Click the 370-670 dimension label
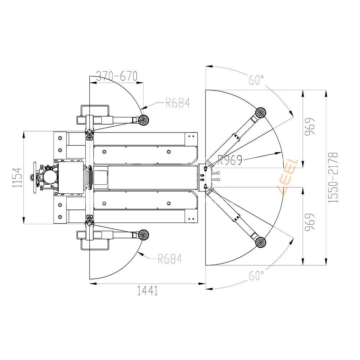coord(117,76)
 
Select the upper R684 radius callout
coord(178,103)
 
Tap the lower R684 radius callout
coord(170,259)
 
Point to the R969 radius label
coord(230,160)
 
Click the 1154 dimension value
coord(17,177)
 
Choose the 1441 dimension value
coord(147,291)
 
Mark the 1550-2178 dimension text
coord(333,177)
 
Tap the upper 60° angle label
coord(256,80)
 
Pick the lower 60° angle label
coord(256,275)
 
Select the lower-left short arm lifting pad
coord(144,235)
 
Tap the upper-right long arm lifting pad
coord(261,112)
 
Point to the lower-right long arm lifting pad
coord(261,242)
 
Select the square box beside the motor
coord(71,178)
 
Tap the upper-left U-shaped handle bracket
coord(95,111)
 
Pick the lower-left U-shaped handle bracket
coord(95,244)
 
